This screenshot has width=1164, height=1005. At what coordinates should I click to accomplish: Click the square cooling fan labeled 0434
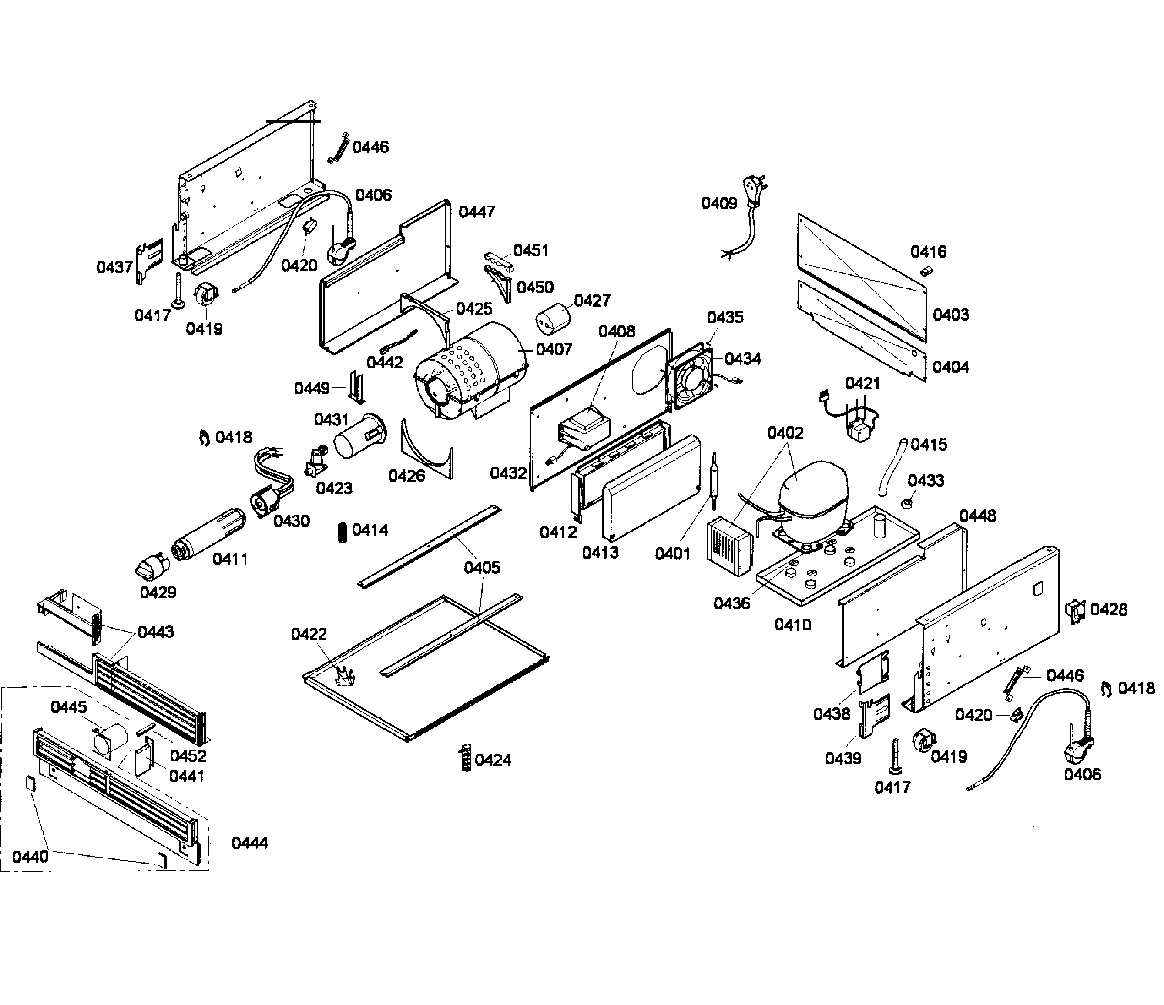click(689, 377)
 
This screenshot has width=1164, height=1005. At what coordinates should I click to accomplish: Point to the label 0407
click(554, 349)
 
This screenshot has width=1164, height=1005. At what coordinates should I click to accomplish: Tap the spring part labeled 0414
click(342, 532)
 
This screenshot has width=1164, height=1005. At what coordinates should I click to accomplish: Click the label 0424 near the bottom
click(493, 760)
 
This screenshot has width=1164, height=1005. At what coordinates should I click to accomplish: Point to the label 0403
click(951, 315)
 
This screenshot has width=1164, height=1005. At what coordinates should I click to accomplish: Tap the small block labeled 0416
click(926, 272)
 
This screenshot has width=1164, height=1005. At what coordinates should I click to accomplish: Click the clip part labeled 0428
click(1075, 611)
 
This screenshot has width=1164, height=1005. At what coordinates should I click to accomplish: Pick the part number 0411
click(230, 559)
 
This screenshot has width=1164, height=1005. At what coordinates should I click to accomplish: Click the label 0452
click(188, 755)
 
